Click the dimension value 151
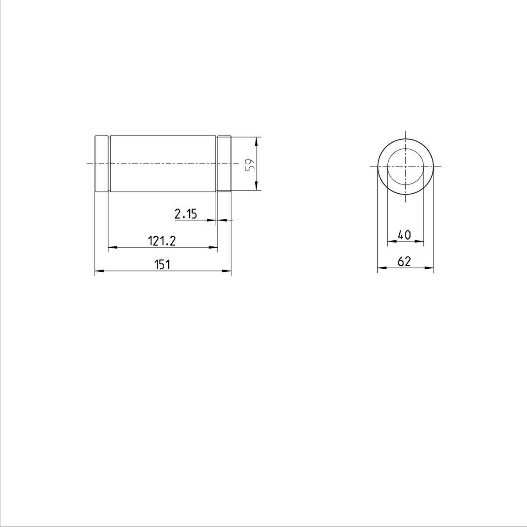(162, 264)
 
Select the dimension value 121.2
(162, 241)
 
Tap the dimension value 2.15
(186, 214)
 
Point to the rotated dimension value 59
(249, 165)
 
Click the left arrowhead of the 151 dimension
(99, 271)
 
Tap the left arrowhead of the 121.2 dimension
(112, 248)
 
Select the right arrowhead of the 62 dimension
(430, 267)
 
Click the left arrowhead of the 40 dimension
(391, 241)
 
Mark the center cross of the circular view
(406, 167)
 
